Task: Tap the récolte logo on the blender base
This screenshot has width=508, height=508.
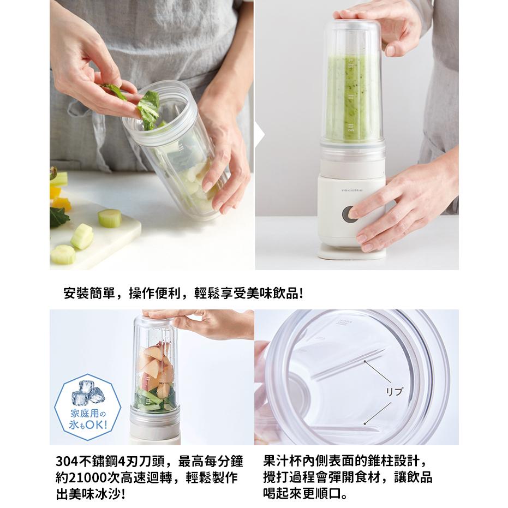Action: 352,190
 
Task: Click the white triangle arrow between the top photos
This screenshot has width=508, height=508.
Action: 259,134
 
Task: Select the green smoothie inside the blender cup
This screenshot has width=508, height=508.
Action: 352,104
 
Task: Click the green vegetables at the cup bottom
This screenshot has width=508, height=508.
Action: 155,399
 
